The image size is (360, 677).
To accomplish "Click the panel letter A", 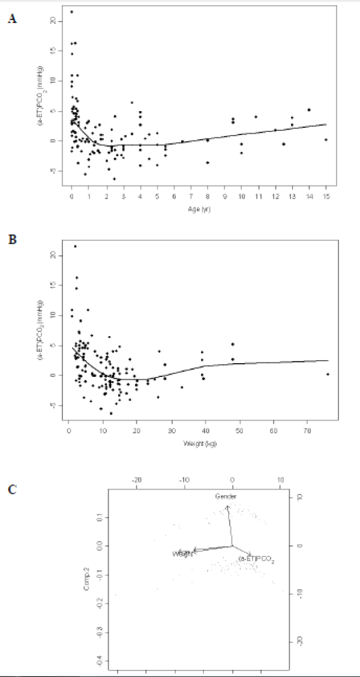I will [12, 19].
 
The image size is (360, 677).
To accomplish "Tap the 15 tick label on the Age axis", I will [326, 196].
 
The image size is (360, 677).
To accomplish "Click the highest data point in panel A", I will [72, 11].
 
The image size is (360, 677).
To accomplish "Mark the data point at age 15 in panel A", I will [326, 139].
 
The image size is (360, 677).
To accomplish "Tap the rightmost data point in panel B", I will [328, 374].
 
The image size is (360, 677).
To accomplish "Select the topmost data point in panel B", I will [75, 246].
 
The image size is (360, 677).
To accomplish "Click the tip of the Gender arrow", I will [227, 506].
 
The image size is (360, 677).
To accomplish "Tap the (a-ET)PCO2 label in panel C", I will [256, 559].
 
